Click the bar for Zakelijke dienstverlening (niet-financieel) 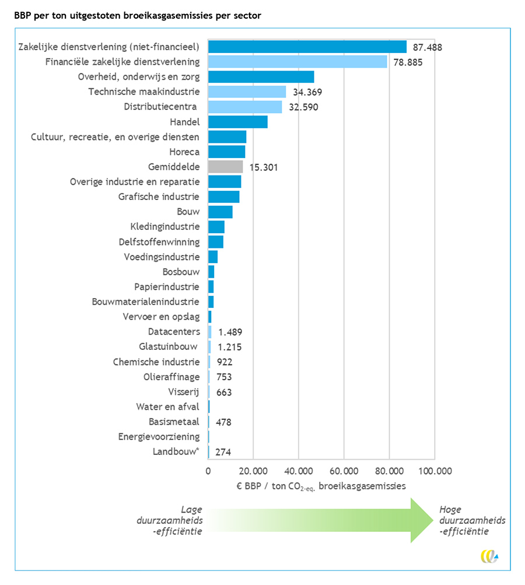[307, 47]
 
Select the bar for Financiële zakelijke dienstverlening [297, 62]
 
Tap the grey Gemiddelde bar [226, 167]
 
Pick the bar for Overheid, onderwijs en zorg [261, 77]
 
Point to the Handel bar [238, 122]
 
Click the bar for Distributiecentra [245, 107]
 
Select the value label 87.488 [427, 47]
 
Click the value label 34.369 [307, 92]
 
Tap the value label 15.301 [264, 167]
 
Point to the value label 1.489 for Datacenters [230, 332]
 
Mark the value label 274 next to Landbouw [223, 452]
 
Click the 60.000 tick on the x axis [344, 471]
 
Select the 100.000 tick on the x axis [435, 471]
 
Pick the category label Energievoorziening [159, 437]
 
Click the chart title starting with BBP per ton [138, 16]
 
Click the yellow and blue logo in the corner [489, 556]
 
